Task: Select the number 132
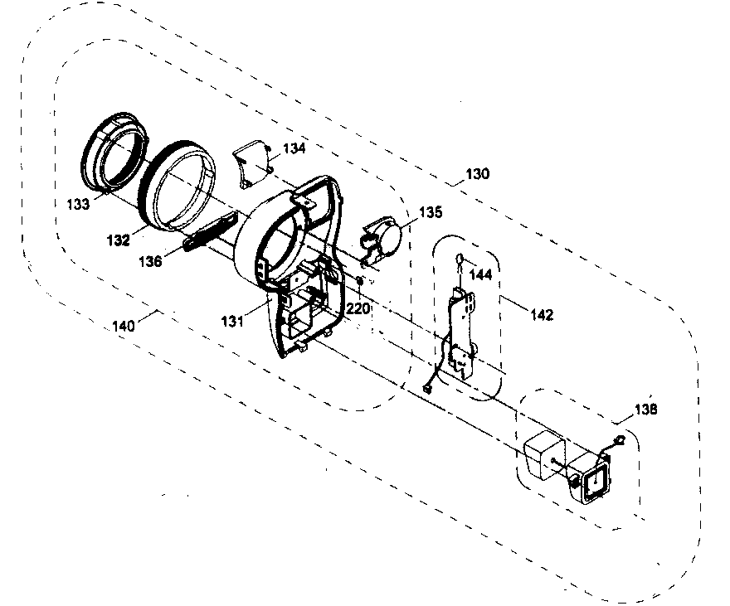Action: point(119,240)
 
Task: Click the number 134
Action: point(294,148)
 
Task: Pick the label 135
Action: point(431,212)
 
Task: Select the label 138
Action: point(647,409)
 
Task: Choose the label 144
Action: point(481,272)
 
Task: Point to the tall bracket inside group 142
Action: point(458,332)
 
